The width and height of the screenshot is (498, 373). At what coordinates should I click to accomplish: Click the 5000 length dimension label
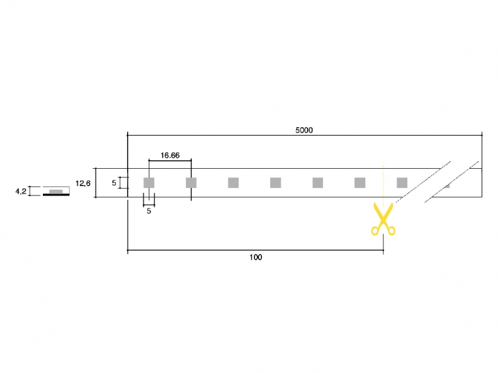pyautogui.click(x=304, y=130)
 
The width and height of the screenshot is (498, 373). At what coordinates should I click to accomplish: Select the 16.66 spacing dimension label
pyautogui.click(x=170, y=155)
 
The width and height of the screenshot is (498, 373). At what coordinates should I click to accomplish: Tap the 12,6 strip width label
pyautogui.click(x=83, y=183)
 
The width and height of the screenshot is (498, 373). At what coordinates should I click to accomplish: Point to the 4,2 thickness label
pyautogui.click(x=21, y=192)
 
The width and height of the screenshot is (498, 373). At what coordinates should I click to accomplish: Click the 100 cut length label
pyautogui.click(x=256, y=257)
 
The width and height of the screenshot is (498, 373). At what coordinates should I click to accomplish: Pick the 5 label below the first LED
pyautogui.click(x=149, y=211)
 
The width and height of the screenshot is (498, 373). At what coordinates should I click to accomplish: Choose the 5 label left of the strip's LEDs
pyautogui.click(x=114, y=183)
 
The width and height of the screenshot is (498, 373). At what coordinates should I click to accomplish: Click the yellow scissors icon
pyautogui.click(x=383, y=219)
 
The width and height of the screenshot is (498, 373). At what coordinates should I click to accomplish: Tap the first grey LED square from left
pyautogui.click(x=149, y=182)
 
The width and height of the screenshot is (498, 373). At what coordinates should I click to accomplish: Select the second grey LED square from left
pyautogui.click(x=191, y=182)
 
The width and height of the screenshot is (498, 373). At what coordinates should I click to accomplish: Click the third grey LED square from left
pyautogui.click(x=233, y=182)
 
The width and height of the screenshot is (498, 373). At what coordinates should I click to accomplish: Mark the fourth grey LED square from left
pyautogui.click(x=275, y=182)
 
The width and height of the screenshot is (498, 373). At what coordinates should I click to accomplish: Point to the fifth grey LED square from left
pyautogui.click(x=317, y=182)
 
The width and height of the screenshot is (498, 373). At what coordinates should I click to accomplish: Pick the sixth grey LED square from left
pyautogui.click(x=360, y=182)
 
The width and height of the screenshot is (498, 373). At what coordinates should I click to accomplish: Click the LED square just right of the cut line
pyautogui.click(x=402, y=182)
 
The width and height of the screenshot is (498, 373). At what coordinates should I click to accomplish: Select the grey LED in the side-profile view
pyautogui.click(x=56, y=191)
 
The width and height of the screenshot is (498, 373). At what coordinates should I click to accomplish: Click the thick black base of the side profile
pyautogui.click(x=56, y=194)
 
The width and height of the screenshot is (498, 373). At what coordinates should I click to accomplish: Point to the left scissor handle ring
pyautogui.click(x=375, y=230)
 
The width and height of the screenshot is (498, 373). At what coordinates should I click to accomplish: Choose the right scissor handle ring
pyautogui.click(x=392, y=230)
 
